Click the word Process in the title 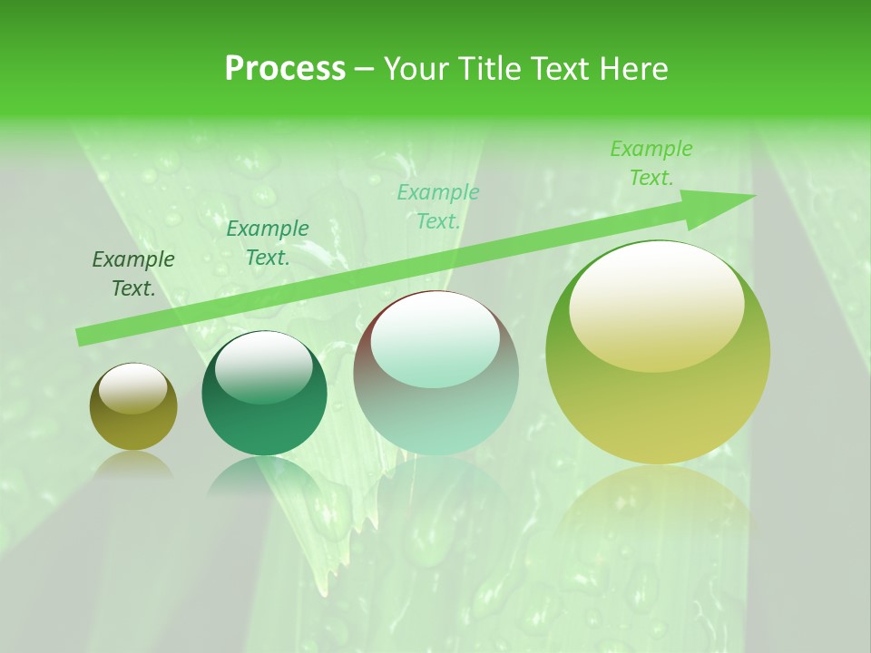click(x=285, y=69)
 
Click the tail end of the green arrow click(x=82, y=336)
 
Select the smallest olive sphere click(x=133, y=408)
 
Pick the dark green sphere click(x=264, y=394)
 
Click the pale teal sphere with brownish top click(x=435, y=374)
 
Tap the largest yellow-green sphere click(x=658, y=354)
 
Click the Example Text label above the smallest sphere click(x=133, y=274)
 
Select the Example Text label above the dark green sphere click(x=268, y=243)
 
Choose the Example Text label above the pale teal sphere click(x=438, y=206)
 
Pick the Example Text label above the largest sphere click(x=651, y=163)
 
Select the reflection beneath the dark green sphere click(x=263, y=476)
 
